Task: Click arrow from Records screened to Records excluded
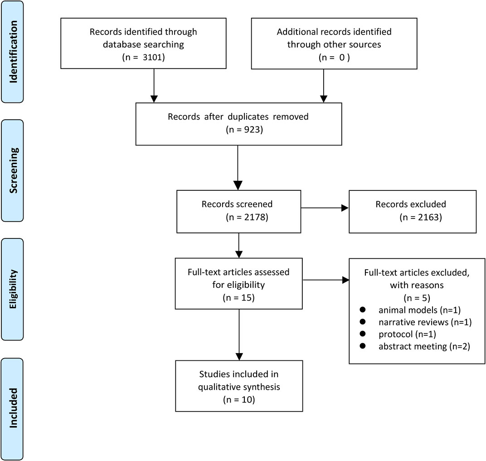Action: click(325, 208)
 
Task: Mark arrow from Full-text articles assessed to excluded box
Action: click(325, 280)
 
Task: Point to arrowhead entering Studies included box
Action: click(238, 356)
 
